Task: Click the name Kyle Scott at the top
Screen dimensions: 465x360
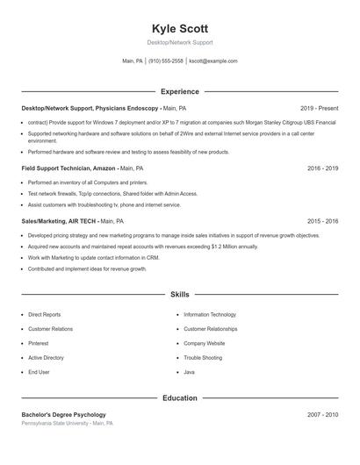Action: (x=179, y=29)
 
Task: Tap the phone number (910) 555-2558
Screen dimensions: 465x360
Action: (x=166, y=61)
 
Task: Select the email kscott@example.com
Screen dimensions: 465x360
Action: (x=213, y=61)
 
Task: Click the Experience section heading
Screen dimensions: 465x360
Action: (x=179, y=91)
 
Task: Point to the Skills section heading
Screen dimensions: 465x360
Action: (x=179, y=295)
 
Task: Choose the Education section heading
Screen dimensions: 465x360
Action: (x=179, y=397)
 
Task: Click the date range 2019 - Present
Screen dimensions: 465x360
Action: (x=319, y=108)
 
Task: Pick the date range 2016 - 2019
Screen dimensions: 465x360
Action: (x=322, y=168)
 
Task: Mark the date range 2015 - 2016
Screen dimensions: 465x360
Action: (x=322, y=221)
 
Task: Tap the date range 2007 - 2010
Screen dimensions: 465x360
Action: (x=322, y=414)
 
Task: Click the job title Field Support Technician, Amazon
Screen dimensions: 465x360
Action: (x=68, y=168)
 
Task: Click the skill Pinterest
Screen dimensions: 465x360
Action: (x=39, y=343)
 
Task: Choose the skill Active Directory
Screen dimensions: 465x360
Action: (x=46, y=358)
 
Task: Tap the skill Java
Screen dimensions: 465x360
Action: (x=189, y=372)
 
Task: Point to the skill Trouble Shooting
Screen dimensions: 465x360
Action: (x=203, y=358)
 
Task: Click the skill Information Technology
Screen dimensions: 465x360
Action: (x=210, y=314)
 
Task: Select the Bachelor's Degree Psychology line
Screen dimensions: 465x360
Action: (x=63, y=414)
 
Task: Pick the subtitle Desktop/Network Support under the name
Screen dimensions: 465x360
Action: (x=179, y=42)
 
